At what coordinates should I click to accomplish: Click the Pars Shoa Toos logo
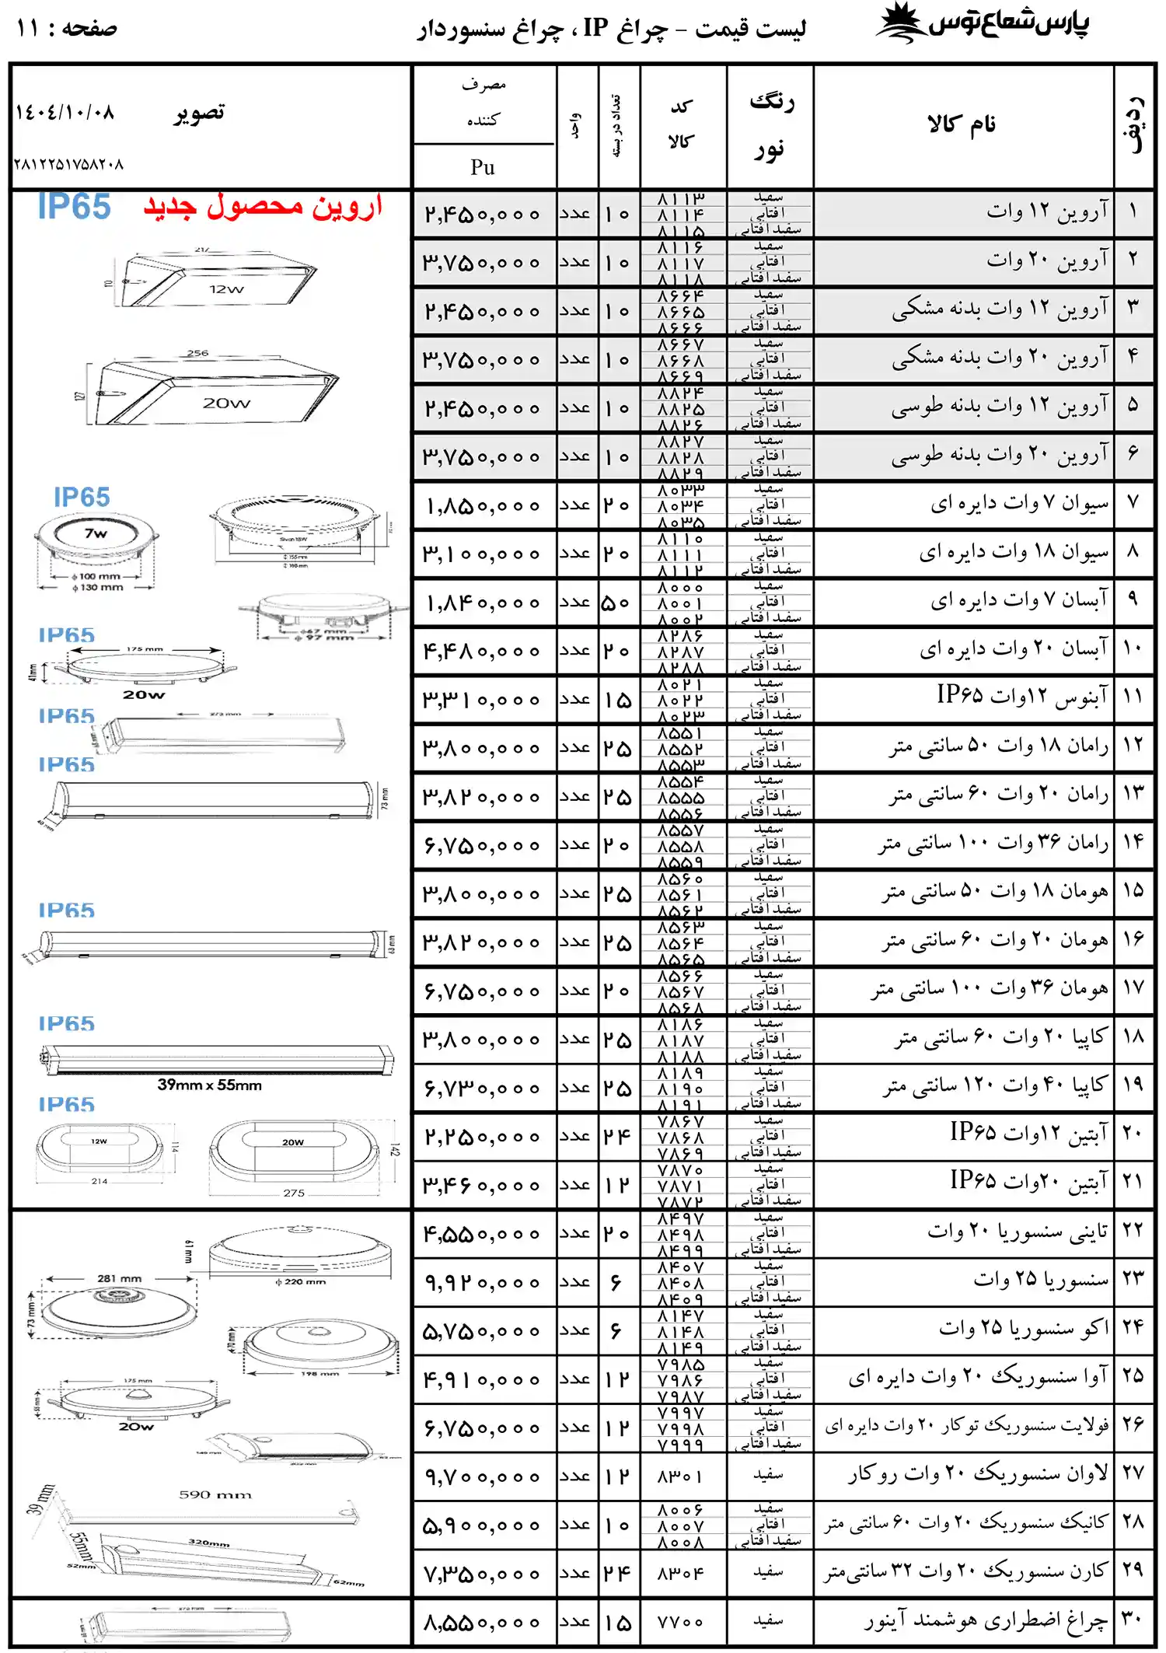tap(983, 24)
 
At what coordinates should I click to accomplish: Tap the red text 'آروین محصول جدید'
tap(263, 207)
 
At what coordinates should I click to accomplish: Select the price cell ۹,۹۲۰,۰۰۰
tap(482, 1283)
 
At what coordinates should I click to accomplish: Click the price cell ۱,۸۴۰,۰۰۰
tap(482, 603)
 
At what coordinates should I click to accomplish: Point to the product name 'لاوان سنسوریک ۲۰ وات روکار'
tap(977, 1474)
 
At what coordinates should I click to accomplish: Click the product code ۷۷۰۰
tap(680, 1622)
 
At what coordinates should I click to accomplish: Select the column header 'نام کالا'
tap(962, 124)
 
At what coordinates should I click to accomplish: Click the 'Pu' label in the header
tap(483, 167)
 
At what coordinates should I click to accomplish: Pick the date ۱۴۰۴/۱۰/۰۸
tap(65, 113)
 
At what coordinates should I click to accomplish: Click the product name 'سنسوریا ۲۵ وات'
tap(1041, 1280)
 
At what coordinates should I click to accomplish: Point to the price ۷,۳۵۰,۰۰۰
tap(482, 1574)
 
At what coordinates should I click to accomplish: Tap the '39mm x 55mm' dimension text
tap(209, 1085)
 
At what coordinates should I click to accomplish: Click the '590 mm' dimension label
tap(215, 1494)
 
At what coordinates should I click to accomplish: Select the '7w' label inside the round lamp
tap(96, 533)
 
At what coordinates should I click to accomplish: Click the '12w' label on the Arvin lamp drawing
tap(226, 289)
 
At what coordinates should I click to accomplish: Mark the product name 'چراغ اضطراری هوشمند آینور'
tap(986, 1620)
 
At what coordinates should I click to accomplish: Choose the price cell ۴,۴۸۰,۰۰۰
tap(482, 652)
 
